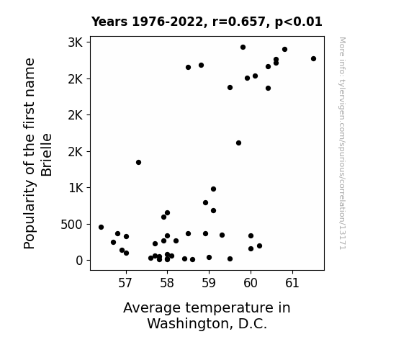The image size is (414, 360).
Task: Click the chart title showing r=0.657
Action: coord(207,22)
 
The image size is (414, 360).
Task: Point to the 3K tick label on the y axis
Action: coord(76,42)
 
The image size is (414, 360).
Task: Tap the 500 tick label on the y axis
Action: coord(71,225)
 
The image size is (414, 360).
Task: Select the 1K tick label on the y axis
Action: coord(76,188)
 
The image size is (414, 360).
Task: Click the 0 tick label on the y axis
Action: coord(79,261)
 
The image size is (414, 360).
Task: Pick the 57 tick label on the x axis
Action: coord(125,283)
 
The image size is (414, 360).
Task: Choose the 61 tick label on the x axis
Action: coord(292,283)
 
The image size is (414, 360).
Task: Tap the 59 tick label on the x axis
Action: coord(209,283)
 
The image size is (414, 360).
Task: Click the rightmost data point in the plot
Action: coord(313,58)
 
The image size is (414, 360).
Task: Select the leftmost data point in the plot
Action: coord(101,227)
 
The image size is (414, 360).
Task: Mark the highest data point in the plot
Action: coord(243,48)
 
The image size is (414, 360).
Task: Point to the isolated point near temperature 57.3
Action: coord(139,162)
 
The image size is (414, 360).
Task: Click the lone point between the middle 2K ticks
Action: coord(239,143)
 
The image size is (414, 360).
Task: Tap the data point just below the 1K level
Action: coord(213,189)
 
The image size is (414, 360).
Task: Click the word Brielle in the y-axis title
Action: coord(47,155)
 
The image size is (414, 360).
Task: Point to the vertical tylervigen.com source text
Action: coord(343,143)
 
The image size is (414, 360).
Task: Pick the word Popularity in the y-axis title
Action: coord(29,215)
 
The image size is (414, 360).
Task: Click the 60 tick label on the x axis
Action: coord(251,283)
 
